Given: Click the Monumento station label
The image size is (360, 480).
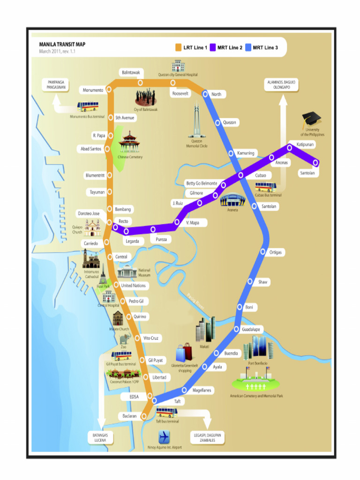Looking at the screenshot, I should tap(93, 90).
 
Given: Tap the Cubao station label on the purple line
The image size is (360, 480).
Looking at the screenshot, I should tap(260, 175).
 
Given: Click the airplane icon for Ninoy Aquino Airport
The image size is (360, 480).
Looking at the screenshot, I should tap(164, 437).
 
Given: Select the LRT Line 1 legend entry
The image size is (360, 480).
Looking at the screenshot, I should tap(191, 47).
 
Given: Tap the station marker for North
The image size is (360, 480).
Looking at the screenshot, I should tap(205, 94).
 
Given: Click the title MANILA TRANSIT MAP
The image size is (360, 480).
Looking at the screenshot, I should tap(62, 45).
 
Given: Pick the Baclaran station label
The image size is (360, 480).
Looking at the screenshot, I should tap(129, 416).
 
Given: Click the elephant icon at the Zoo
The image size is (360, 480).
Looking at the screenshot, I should tap(124, 338).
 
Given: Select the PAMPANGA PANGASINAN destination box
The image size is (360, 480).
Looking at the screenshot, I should tap(55, 85).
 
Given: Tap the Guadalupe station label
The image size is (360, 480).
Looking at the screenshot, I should tap(253, 330).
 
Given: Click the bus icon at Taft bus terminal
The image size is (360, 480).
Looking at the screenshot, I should tap(166, 412).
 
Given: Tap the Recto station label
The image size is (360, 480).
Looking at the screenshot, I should tap(123, 221).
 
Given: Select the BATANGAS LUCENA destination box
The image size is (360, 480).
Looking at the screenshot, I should tap(100, 438).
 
